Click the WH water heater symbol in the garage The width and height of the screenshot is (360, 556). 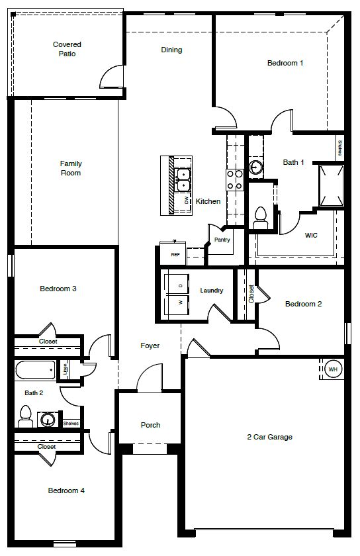tap(333, 369)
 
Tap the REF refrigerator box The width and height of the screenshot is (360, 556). tap(175, 254)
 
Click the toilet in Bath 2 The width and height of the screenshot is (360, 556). tap(26, 416)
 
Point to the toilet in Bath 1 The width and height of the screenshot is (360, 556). tap(261, 216)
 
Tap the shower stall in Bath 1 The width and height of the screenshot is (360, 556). tap(330, 185)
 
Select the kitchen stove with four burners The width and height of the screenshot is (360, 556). tap(234, 179)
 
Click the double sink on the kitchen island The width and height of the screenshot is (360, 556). tap(184, 176)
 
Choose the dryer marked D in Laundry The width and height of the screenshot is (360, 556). tap(179, 285)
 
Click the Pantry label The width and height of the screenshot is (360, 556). tap(222, 240)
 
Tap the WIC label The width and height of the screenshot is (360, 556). tap(312, 235)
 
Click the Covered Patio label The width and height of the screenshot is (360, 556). tap(67, 49)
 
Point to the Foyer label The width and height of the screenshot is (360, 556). tap(150, 346)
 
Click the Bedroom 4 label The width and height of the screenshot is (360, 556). tap(66, 490)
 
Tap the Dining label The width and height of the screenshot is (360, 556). tap(171, 50)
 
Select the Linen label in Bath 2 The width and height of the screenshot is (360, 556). tap(66, 369)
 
